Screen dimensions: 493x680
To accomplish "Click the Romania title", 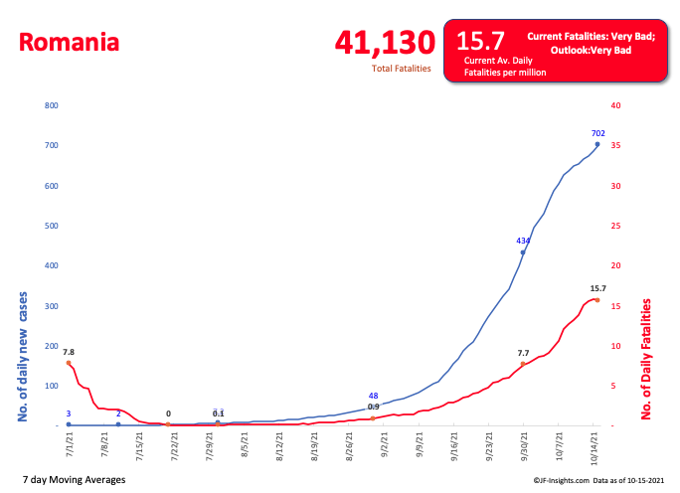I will (69, 43).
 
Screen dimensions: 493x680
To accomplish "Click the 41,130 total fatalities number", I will (385, 43).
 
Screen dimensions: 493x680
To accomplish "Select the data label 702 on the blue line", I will (597, 133).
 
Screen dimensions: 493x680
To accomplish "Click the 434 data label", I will (523, 241).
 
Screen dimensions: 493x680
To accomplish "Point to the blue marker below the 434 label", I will (523, 252).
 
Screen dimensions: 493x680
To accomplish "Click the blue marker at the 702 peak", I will (597, 144).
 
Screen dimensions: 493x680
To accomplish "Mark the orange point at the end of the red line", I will (597, 299).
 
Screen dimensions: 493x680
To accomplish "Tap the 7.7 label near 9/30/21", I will (524, 353).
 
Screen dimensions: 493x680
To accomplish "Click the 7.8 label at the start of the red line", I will (69, 352).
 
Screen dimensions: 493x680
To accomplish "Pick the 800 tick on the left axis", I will (52, 105).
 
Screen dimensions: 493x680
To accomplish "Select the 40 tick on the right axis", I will (615, 105).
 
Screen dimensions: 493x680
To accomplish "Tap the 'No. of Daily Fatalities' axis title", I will (645, 356).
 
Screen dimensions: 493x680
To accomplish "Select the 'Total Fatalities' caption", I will (401, 69).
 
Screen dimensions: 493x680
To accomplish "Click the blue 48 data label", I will (373, 396).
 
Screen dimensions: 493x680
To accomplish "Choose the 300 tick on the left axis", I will (52, 305).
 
